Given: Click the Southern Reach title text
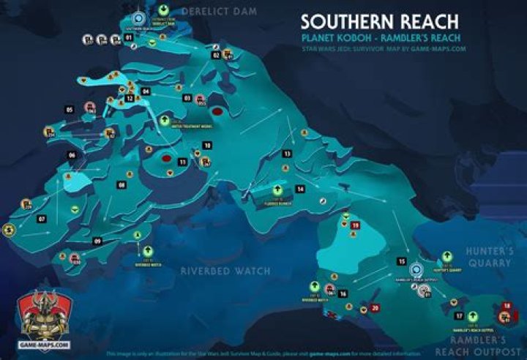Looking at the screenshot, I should (379, 22).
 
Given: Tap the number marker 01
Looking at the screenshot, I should (129, 37).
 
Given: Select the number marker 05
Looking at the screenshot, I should (70, 109).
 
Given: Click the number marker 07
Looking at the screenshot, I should (42, 219).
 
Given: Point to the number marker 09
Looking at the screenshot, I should (97, 240).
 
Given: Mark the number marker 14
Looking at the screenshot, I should (300, 189).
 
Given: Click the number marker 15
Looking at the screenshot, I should (401, 260).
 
